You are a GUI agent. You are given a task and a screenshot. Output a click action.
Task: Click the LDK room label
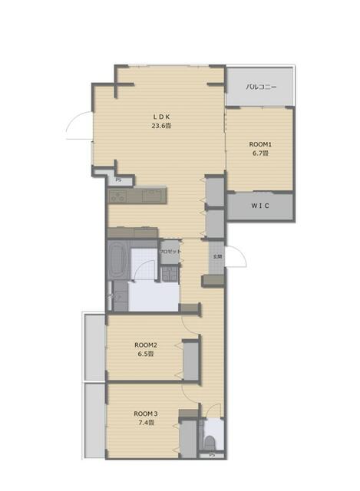click(x=160, y=117)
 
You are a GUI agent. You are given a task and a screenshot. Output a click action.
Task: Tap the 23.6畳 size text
click(x=160, y=127)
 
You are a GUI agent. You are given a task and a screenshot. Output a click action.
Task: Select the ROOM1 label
click(x=261, y=143)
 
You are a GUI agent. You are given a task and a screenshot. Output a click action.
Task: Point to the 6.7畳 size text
click(x=261, y=153)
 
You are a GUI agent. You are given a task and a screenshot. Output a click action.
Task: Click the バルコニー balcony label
click(x=260, y=87)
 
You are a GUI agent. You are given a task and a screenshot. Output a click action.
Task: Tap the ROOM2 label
click(x=145, y=344)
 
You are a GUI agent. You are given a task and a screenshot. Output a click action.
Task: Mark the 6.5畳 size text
click(x=145, y=354)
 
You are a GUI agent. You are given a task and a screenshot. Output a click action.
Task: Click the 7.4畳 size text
click(x=145, y=423)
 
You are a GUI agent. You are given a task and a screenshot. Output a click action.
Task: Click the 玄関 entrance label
click(x=217, y=256)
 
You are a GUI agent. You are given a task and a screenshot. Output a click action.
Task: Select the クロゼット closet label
click(x=170, y=252)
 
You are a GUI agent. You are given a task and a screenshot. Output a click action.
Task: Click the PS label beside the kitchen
click(x=117, y=180)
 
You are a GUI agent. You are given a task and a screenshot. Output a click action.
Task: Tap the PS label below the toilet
click(x=212, y=457)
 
